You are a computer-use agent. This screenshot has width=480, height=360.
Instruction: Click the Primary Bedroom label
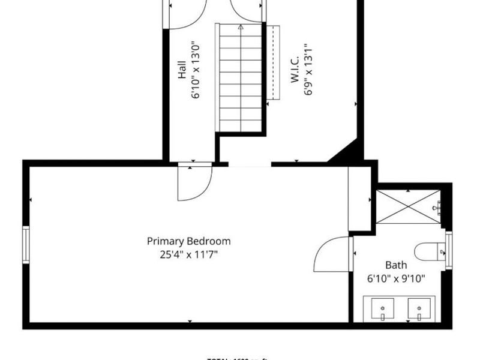(x=189, y=241)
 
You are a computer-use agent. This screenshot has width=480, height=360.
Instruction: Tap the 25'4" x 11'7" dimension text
(x=189, y=254)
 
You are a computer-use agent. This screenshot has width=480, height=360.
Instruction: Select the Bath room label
(x=396, y=265)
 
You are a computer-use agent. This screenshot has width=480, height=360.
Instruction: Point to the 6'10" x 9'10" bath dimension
(x=396, y=278)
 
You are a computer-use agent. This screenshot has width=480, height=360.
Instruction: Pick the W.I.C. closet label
(x=295, y=70)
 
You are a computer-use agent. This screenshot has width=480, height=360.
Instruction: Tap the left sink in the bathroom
(x=382, y=310)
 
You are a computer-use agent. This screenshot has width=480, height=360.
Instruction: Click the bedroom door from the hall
(x=196, y=183)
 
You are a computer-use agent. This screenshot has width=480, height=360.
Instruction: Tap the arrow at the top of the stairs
(x=241, y=27)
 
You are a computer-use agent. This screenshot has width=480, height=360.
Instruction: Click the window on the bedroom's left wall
(x=26, y=244)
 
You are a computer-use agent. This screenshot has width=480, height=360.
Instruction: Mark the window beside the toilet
(x=448, y=249)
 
